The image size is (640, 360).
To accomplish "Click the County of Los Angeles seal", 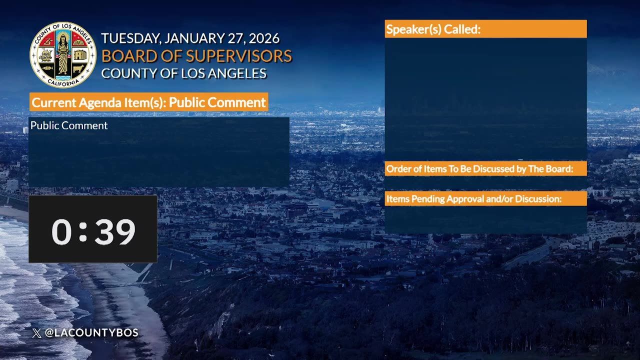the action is point(63,55).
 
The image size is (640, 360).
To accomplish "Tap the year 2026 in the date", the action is point(264,38).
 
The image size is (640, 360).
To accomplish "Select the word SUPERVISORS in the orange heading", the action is point(239,56).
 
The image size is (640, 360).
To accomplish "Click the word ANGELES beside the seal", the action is point(237,73).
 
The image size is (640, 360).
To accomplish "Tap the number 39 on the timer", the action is point(115,232).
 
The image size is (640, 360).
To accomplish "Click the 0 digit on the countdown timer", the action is point(61,232).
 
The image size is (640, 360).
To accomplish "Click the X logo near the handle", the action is point(37,333).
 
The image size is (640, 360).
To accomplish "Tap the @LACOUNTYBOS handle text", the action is point(91,332).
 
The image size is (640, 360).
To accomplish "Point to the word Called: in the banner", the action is point(462,29).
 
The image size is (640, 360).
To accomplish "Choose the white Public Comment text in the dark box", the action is point(69,125).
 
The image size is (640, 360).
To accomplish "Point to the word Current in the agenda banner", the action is point(53,102).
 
